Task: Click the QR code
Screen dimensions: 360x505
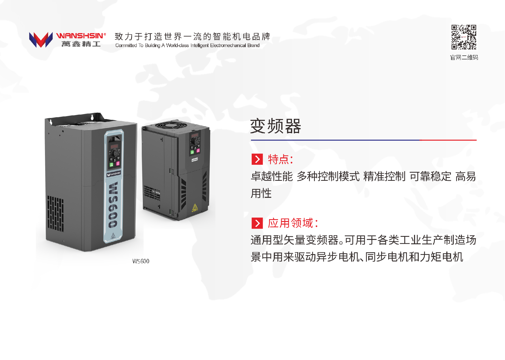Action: [x=464, y=37]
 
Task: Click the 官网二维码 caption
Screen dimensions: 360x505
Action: [x=464, y=58]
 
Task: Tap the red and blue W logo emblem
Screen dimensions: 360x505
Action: [x=41, y=40]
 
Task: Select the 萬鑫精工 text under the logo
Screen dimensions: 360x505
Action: [x=81, y=44]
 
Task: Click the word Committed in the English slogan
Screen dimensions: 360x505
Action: [x=126, y=45]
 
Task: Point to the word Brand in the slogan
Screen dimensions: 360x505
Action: [x=253, y=45]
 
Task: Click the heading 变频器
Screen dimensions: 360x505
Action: [x=275, y=126]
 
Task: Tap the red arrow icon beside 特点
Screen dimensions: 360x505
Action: [x=257, y=159]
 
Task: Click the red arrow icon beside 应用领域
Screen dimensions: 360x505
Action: [x=257, y=223]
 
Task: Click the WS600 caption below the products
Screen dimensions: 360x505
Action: [x=141, y=261]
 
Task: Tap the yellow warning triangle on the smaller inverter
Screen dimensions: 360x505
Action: [x=195, y=208]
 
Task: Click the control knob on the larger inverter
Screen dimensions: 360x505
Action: [x=115, y=153]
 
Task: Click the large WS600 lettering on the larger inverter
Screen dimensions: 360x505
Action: [x=113, y=205]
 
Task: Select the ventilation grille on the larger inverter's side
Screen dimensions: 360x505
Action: [x=55, y=213]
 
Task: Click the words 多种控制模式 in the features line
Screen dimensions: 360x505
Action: [x=328, y=177]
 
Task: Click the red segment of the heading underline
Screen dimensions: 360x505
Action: [x=448, y=140]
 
